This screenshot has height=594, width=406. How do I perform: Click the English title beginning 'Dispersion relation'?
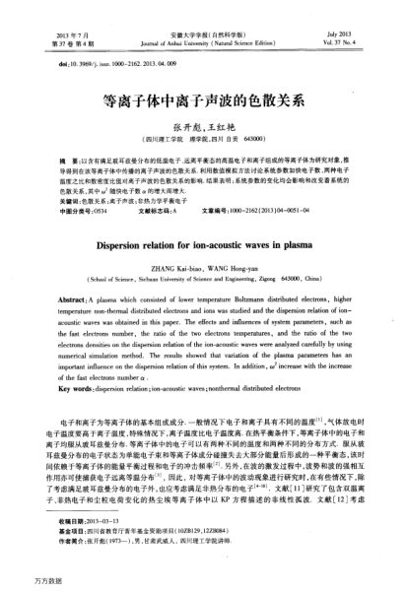click(x=203, y=223)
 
